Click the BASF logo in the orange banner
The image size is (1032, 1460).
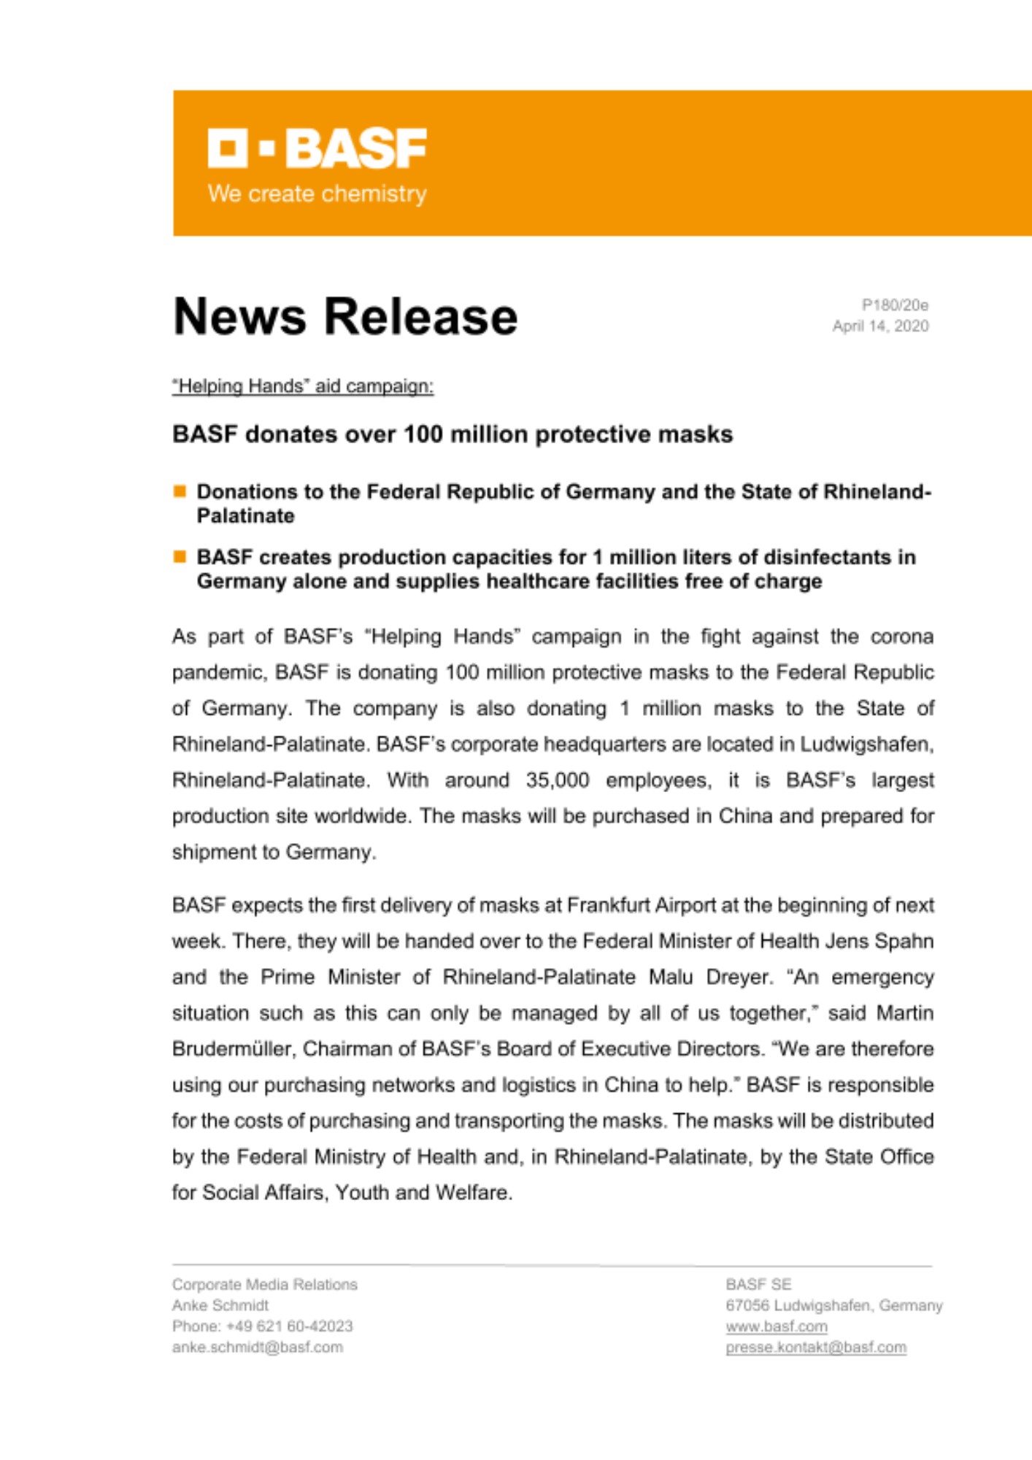(317, 148)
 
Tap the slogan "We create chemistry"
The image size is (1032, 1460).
(317, 194)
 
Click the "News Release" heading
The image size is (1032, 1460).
(345, 317)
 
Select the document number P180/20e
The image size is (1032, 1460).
(895, 305)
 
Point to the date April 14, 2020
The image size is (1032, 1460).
(880, 326)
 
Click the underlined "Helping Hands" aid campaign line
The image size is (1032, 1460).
(303, 386)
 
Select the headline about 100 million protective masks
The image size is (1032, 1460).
(453, 434)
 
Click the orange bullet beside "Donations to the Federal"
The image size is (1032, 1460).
(180, 491)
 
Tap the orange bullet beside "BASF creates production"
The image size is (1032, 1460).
(180, 557)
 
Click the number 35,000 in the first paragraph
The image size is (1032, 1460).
(557, 780)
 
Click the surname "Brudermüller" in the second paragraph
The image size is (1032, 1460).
(233, 1049)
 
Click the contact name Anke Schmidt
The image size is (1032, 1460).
(220, 1305)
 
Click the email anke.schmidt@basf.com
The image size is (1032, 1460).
(258, 1348)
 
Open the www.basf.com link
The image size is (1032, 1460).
(777, 1326)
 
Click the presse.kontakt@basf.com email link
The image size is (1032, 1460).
(816, 1348)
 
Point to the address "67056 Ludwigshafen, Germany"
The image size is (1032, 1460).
(834, 1305)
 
